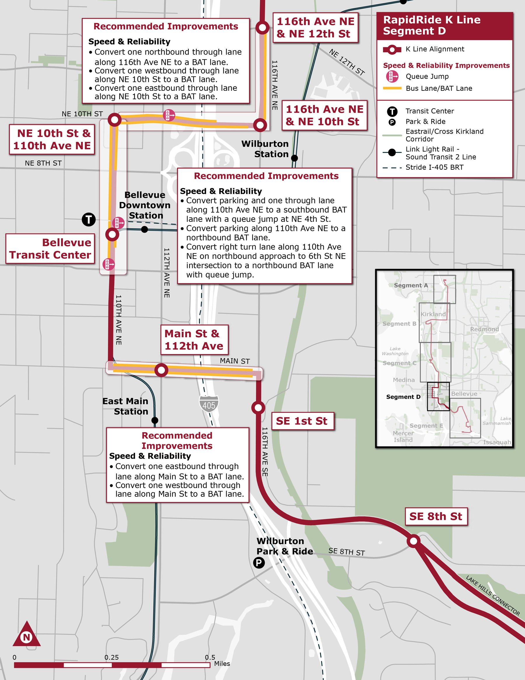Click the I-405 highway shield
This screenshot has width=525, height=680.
click(209, 404)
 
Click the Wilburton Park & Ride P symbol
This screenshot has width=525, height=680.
click(259, 563)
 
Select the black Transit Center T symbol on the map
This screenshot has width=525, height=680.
click(89, 220)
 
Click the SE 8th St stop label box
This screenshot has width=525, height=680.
click(436, 516)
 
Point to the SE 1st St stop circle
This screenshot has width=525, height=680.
click(258, 408)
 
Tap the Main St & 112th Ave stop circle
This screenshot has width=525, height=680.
click(161, 370)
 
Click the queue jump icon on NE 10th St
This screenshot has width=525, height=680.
click(169, 115)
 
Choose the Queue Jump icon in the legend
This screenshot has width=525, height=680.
click(392, 76)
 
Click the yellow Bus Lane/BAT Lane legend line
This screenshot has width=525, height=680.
click(392, 88)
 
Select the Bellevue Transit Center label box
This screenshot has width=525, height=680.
click(50, 249)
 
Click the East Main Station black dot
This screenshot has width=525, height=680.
click(155, 420)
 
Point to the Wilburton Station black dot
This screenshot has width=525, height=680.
click(294, 158)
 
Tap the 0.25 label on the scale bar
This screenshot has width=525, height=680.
click(111, 657)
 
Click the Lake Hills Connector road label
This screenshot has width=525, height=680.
click(493, 596)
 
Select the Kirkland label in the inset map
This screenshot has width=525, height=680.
click(433, 314)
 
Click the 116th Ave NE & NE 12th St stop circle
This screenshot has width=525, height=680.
click(262, 28)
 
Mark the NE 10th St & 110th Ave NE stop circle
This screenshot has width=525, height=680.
click(114, 119)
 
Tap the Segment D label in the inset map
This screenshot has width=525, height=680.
click(403, 397)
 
